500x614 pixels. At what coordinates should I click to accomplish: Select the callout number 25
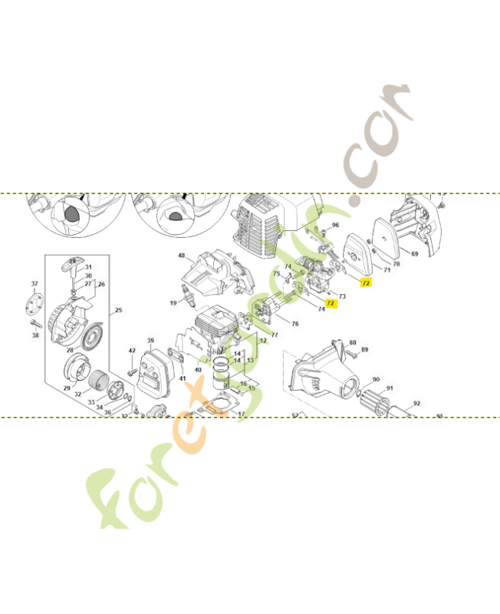(118, 312)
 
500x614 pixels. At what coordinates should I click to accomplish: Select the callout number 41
(183, 378)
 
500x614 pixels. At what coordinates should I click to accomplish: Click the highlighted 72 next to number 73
(331, 303)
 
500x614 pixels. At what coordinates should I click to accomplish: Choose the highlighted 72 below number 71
(366, 283)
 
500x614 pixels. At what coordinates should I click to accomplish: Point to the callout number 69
(414, 253)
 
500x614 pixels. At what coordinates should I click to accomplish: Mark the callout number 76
(294, 324)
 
